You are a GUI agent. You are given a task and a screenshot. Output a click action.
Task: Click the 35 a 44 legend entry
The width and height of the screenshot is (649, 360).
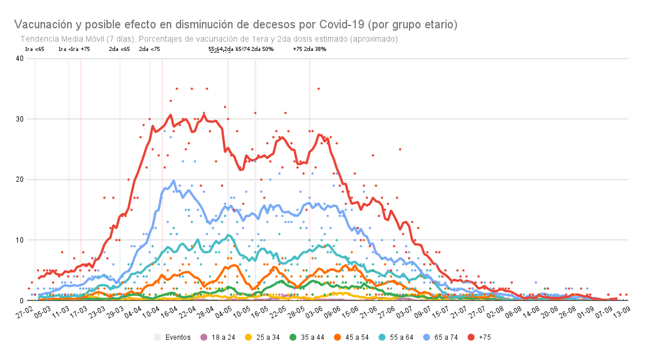point(308,337)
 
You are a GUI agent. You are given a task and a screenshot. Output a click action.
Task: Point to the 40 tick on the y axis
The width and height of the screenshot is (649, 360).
point(20,58)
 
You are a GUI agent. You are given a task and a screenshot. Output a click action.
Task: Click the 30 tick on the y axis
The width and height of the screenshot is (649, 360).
point(20,119)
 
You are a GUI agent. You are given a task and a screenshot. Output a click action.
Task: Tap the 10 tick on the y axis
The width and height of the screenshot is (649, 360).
point(20,240)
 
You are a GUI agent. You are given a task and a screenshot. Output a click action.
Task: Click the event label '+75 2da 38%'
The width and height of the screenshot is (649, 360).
point(309,49)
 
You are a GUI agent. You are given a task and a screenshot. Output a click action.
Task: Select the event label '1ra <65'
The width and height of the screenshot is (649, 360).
point(35,49)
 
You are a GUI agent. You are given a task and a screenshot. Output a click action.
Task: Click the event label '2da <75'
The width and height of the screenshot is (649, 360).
point(149,49)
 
